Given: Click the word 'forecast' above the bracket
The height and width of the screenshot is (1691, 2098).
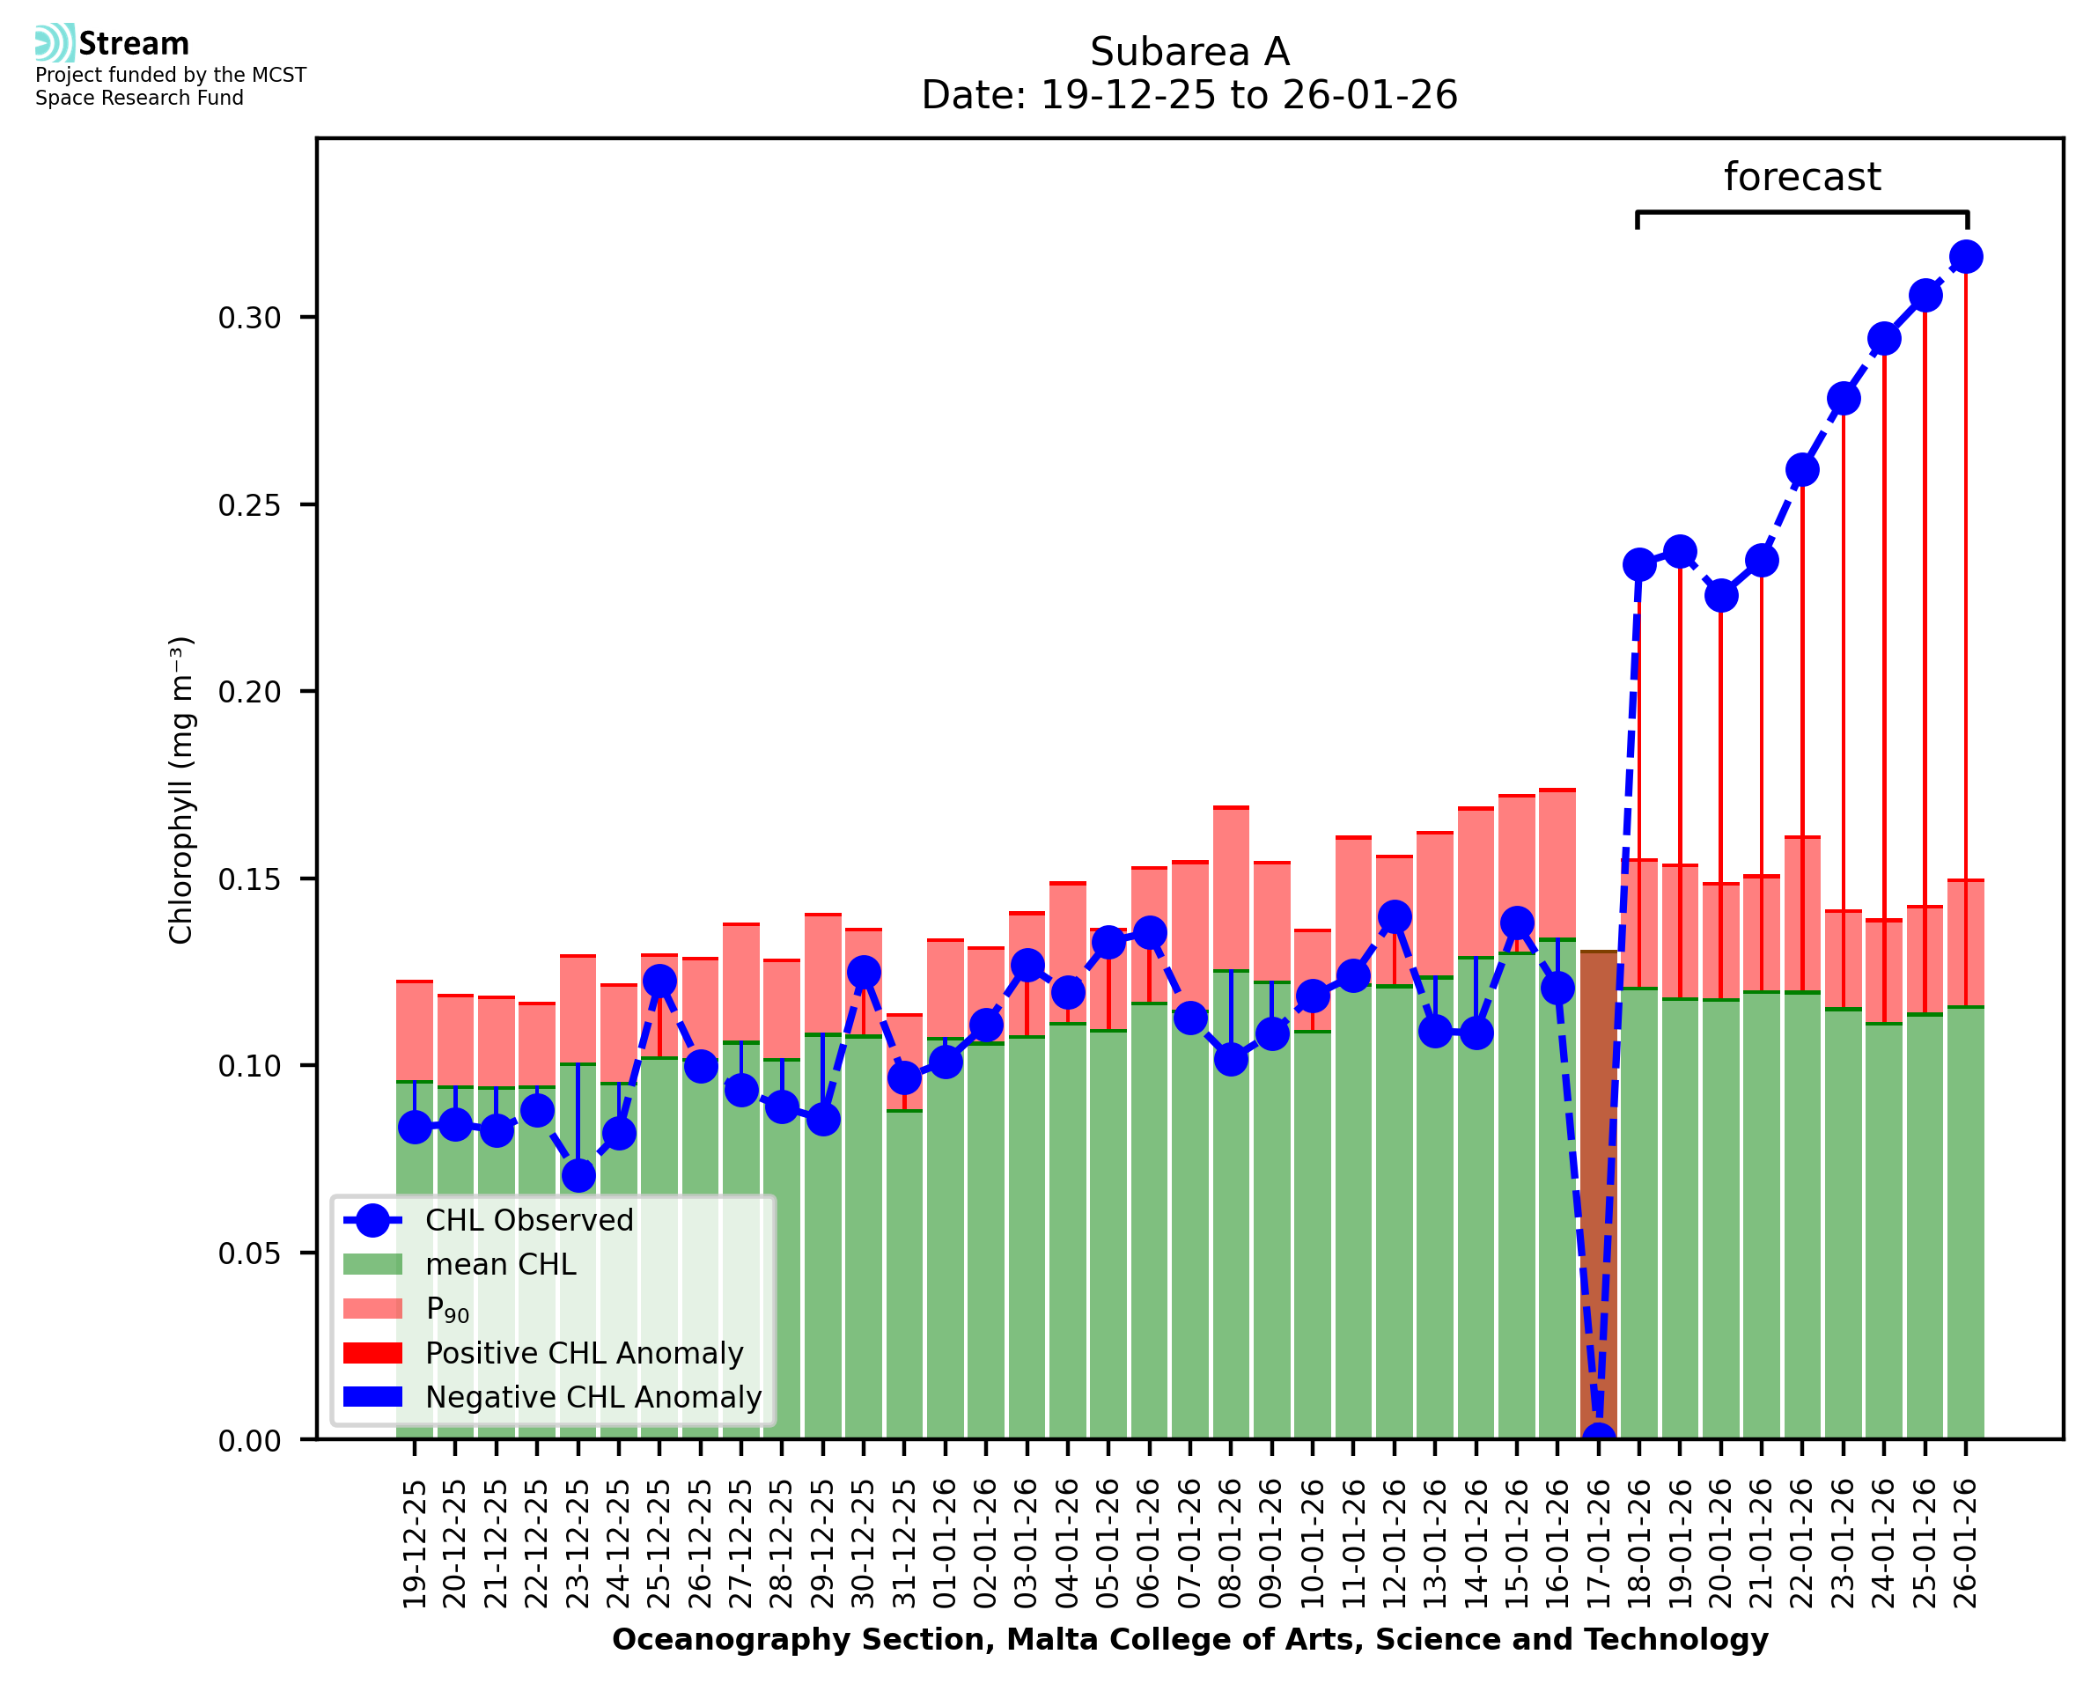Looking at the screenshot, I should point(1801,177).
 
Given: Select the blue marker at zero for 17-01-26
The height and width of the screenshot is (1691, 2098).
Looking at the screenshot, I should point(1597,1437).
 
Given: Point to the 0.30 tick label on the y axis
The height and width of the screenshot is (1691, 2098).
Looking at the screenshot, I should point(249,318).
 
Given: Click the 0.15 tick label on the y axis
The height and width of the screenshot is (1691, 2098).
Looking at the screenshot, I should point(249,879).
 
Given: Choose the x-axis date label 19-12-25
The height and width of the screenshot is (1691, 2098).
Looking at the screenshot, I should point(415,1545).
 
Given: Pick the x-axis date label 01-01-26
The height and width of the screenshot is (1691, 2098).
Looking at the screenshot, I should point(945,1545).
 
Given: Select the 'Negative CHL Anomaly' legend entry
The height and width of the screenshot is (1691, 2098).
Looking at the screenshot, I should point(593,1397).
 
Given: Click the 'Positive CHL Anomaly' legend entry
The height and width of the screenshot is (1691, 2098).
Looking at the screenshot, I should point(584,1353).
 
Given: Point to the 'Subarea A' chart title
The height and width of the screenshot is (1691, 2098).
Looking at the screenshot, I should point(1189,52).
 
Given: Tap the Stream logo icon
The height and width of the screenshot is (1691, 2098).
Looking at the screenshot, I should point(55,43).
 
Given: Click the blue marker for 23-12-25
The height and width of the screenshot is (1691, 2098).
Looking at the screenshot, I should point(578,1176).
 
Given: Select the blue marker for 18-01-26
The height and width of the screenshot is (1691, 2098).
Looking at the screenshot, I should point(1639,565).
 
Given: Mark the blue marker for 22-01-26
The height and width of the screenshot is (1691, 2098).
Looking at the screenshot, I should point(1802,469).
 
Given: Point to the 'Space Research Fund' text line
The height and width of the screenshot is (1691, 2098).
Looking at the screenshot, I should point(139,98).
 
